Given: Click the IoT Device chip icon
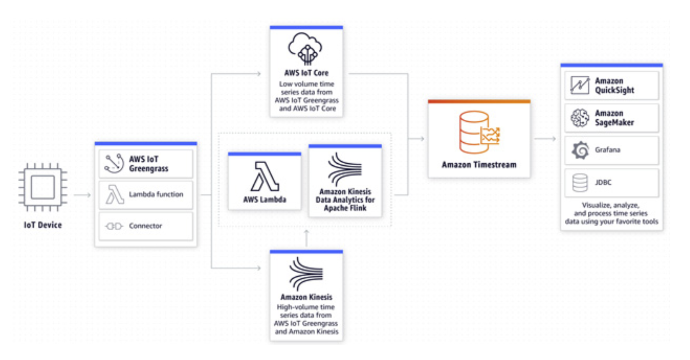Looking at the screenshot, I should coord(43,187).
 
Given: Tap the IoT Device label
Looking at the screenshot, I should coord(43,225).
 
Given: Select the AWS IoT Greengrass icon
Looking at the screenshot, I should coord(114,163).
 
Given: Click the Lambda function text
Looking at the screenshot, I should coord(156,194).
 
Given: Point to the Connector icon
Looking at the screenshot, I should coord(114,226).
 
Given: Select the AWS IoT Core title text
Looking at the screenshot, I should coord(306,73).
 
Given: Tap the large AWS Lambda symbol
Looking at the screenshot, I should coord(264,177).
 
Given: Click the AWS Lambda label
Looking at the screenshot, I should coord(264,200).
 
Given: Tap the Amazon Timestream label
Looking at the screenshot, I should coord(479,165).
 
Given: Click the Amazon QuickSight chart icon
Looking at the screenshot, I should coord(580,85).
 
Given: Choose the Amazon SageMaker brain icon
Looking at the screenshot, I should coord(580,118).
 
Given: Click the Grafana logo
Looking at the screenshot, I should coord(580,150).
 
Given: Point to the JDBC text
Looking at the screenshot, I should coord(603,183).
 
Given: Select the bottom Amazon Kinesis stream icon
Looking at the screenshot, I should coord(306,274).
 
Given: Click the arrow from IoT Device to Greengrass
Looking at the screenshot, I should coord(82,195).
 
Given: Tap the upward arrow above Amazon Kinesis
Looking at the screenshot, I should coord(306,237).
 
